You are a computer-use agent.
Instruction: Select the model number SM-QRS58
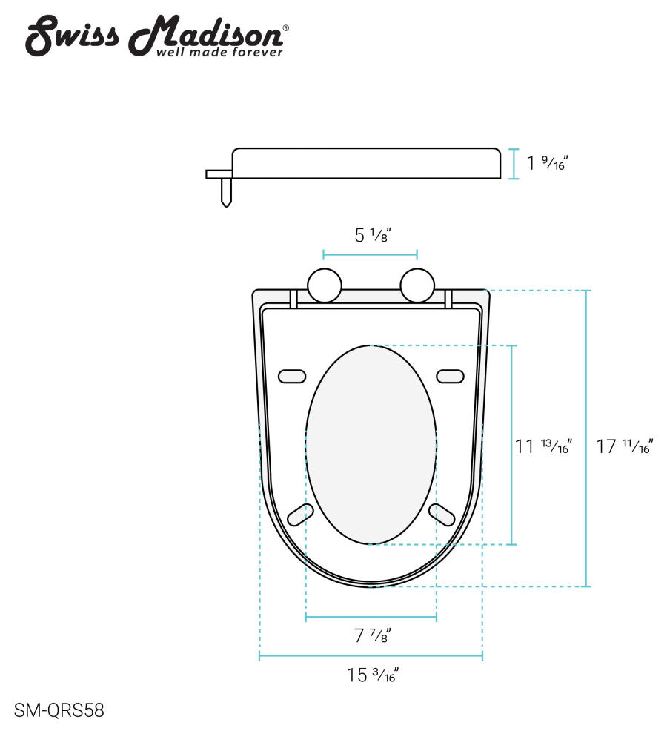tap(59, 710)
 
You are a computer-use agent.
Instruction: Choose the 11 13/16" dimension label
tap(543, 446)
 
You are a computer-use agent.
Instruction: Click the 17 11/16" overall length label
tap(624, 446)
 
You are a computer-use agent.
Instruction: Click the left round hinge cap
tap(325, 285)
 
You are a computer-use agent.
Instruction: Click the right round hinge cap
tap(417, 285)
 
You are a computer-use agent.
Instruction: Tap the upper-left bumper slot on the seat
tap(292, 376)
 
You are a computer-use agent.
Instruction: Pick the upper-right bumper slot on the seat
tap(450, 376)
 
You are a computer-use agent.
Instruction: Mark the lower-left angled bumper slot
tap(299, 514)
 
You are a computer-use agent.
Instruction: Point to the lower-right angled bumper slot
tap(442, 514)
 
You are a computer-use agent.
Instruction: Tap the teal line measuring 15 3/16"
tap(371, 656)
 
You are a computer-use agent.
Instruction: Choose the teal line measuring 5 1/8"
tap(371, 256)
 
